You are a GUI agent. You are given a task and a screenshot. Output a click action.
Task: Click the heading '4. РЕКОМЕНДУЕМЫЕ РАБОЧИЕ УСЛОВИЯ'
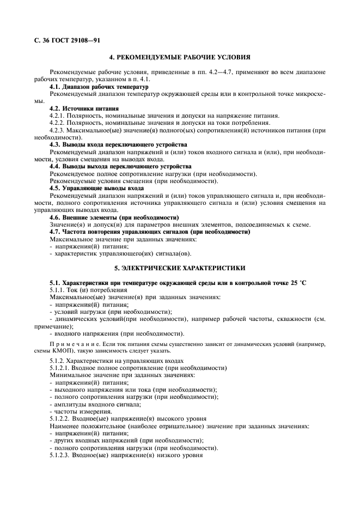pos(180,57)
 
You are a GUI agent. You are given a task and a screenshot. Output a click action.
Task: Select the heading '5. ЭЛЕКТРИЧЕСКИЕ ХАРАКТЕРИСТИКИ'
pos(180,268)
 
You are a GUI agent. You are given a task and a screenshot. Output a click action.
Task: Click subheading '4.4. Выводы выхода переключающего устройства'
pos(120,166)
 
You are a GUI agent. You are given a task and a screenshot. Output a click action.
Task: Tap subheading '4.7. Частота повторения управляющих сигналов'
pos(149,232)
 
